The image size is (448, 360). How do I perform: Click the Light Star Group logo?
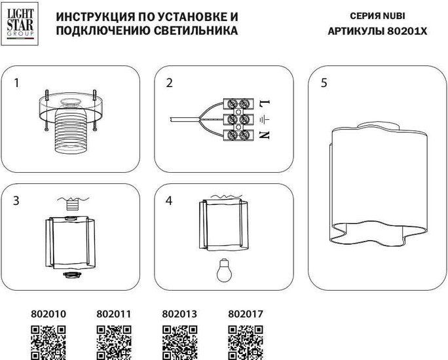click(x=22, y=24)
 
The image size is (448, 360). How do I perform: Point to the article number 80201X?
click(x=403, y=31)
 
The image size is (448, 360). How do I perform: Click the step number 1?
click(x=16, y=83)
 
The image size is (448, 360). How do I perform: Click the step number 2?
click(x=170, y=83)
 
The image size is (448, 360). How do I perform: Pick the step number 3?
click(x=16, y=201)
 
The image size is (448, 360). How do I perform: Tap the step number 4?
click(x=170, y=201)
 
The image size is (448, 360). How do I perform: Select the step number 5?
click(x=324, y=83)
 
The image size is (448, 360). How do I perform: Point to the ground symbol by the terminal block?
click(x=264, y=120)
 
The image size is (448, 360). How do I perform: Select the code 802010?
click(x=48, y=314)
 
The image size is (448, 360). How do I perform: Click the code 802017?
click(x=245, y=314)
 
